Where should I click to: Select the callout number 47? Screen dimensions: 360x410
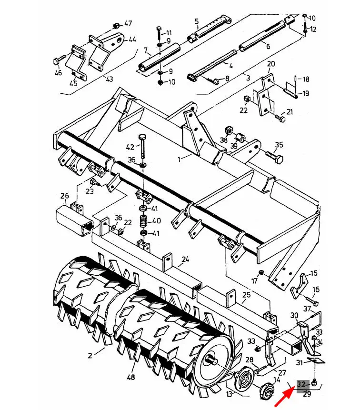click(128, 23)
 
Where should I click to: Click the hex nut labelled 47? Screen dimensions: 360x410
click(116, 26)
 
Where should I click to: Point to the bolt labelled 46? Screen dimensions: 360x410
click(60, 60)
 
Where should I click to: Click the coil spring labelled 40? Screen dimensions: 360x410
click(143, 221)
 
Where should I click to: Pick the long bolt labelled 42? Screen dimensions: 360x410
click(143, 147)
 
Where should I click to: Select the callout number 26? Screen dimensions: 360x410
click(65, 196)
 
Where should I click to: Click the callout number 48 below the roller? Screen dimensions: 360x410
click(131, 377)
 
